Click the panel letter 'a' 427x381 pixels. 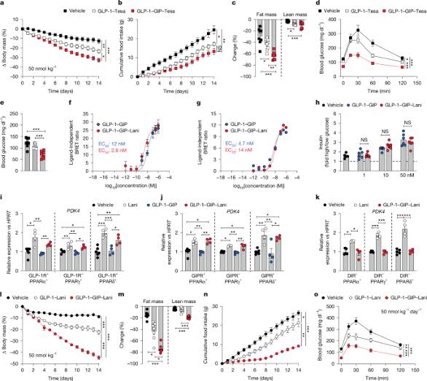[x=4, y=4]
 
